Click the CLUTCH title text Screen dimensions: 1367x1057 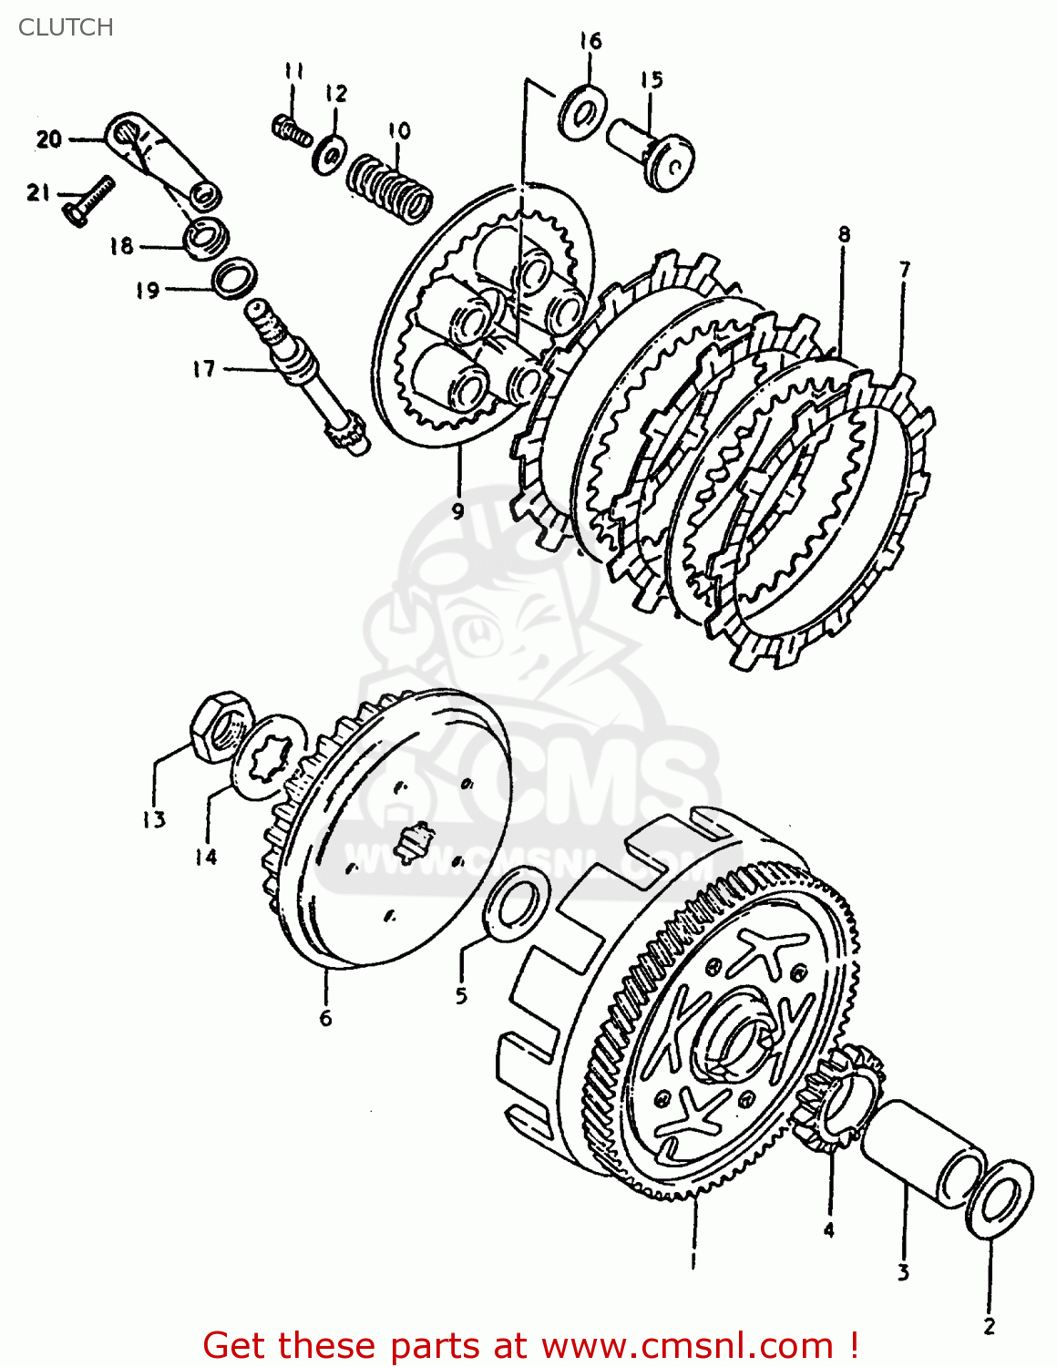click(x=66, y=27)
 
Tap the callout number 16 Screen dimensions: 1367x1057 click(x=590, y=41)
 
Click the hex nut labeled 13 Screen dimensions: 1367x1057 click(x=220, y=725)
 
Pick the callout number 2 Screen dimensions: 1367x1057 click(x=989, y=1326)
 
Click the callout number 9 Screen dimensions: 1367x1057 click(x=458, y=510)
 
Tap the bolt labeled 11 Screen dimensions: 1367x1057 click(x=292, y=130)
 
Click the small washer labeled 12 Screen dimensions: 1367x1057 click(x=329, y=152)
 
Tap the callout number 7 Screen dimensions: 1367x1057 click(x=904, y=270)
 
